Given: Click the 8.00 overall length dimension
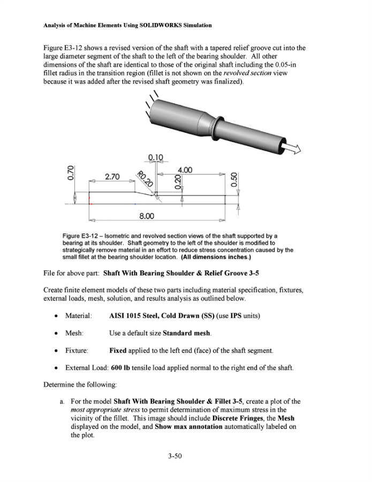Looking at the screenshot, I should (147, 216).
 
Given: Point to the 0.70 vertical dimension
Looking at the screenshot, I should (71, 174).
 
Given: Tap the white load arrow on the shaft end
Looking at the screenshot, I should (292, 147).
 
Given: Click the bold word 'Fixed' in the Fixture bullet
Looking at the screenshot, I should (119, 351).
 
